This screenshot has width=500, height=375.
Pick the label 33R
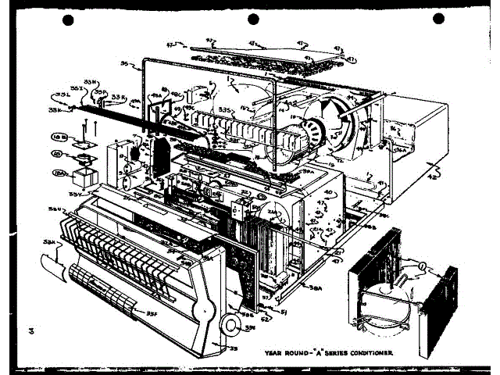(x=118, y=98)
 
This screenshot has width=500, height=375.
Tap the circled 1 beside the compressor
(x=422, y=267)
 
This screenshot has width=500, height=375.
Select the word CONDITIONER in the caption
(x=366, y=354)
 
